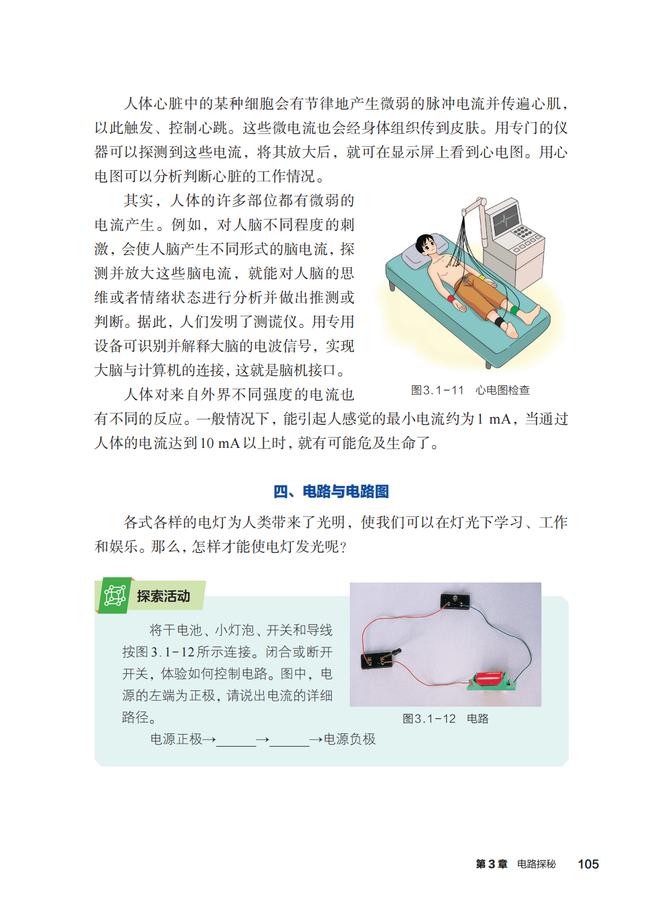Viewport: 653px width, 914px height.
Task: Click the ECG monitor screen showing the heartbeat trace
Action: click(x=506, y=220)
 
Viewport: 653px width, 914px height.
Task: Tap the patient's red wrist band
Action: click(x=451, y=298)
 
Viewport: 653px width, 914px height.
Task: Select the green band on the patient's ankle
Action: click(x=515, y=310)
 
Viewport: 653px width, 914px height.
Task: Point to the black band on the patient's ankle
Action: click(x=500, y=321)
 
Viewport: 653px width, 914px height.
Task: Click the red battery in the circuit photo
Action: click(x=490, y=678)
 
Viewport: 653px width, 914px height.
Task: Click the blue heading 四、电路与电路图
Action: click(x=331, y=492)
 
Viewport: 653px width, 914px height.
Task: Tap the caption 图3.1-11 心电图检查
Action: click(x=470, y=390)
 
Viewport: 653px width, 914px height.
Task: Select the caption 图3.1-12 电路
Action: click(x=445, y=719)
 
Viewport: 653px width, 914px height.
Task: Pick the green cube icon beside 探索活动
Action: click(x=115, y=596)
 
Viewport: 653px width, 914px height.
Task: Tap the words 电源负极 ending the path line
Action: click(x=349, y=739)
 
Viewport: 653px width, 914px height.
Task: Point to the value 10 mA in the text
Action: click(x=219, y=443)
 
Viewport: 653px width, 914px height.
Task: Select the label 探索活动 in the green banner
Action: click(x=164, y=596)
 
